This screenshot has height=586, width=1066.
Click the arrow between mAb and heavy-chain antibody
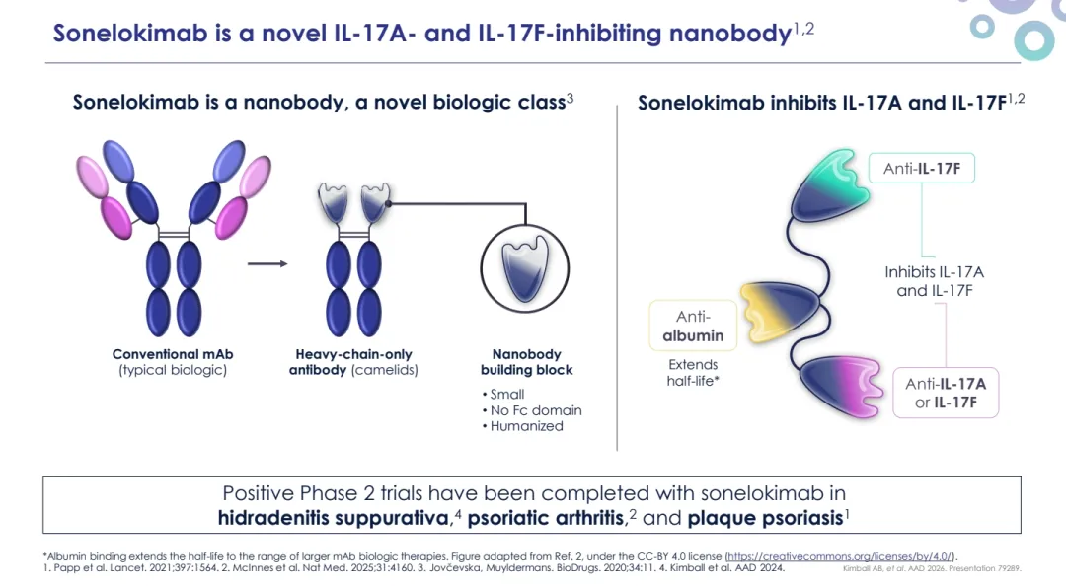(266, 264)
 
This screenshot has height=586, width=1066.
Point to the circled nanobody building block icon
(526, 267)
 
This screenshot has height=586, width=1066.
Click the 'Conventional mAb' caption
(173, 354)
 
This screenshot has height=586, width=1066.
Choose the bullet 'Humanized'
(526, 426)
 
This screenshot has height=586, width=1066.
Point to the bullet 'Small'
(506, 394)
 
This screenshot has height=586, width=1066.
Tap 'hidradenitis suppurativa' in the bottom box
(333, 518)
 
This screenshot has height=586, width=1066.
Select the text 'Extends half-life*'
(692, 373)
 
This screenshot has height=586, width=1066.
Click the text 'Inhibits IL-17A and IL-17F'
(934, 281)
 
